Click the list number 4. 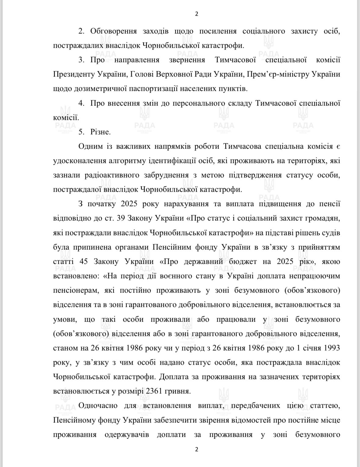tap(81, 103)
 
